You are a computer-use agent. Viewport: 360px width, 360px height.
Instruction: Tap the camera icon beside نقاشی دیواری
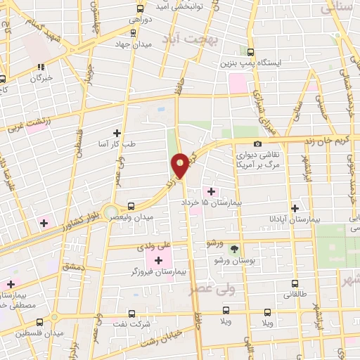257,144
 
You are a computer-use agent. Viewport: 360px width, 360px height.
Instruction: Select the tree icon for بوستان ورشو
233,248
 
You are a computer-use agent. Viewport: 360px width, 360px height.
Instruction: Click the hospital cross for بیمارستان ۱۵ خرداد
212,191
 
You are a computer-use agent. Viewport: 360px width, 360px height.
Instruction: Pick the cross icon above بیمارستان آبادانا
295,207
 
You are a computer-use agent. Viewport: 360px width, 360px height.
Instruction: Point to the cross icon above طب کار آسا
117,132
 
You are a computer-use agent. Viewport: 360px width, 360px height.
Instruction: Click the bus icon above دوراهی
140,9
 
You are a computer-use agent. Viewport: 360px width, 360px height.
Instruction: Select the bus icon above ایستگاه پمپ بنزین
251,51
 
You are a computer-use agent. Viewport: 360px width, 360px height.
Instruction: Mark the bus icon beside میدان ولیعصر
131,206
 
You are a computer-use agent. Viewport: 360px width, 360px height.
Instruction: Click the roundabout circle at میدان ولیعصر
109,212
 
